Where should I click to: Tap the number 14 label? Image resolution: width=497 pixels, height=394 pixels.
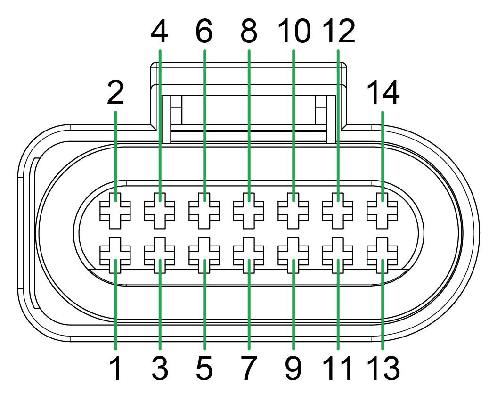pyautogui.click(x=383, y=93)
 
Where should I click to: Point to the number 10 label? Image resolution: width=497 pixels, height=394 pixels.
pyautogui.click(x=293, y=32)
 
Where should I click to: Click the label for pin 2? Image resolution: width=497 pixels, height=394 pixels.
pyautogui.click(x=115, y=93)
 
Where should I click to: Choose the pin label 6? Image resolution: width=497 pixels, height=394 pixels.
pyautogui.click(x=204, y=32)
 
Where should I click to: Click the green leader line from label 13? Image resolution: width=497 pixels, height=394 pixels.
pyautogui.click(x=383, y=306)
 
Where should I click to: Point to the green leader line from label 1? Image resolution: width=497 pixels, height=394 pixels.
pyautogui.click(x=115, y=306)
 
